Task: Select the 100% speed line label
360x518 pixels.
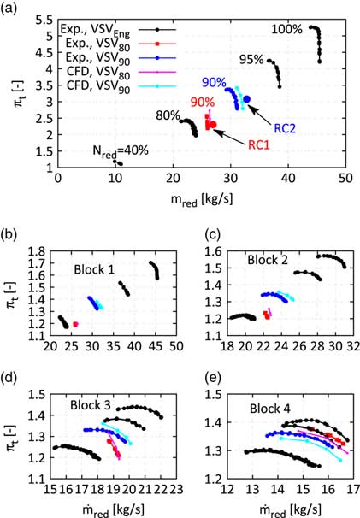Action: (286, 29)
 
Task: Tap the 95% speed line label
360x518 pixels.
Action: (251, 60)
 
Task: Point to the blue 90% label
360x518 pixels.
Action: (214, 83)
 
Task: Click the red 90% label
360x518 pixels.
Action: (203, 103)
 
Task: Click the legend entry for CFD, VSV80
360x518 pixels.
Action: (82, 72)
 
